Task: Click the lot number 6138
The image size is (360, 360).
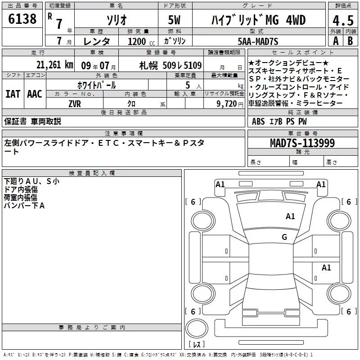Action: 22,19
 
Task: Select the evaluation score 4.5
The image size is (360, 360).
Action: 343,21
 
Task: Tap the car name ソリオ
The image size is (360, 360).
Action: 117,20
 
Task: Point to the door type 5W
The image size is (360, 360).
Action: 174,20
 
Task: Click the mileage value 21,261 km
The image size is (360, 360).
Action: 54,65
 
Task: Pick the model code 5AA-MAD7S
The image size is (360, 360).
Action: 258,41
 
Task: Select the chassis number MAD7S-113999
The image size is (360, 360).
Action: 302,143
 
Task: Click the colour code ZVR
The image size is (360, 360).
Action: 75,104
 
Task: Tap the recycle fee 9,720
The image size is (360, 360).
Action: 227,104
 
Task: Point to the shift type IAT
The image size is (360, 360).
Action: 13,94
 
